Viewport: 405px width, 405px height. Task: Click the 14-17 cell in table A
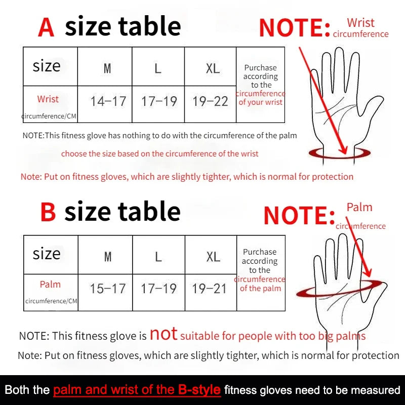(x=108, y=101)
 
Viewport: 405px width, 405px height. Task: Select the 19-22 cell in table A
(x=210, y=101)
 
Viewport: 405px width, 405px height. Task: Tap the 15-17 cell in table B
(x=107, y=289)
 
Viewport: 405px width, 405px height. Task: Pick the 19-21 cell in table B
(x=210, y=289)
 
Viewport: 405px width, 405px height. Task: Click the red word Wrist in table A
(x=48, y=99)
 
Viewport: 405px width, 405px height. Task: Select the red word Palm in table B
(x=50, y=285)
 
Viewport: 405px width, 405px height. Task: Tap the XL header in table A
(x=213, y=68)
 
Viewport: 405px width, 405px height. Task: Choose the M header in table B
(x=107, y=257)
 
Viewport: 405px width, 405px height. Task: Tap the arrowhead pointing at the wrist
(x=344, y=150)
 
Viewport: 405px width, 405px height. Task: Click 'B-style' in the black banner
(x=199, y=390)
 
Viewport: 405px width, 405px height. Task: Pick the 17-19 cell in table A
(x=159, y=101)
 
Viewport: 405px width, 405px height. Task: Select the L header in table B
(x=158, y=257)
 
